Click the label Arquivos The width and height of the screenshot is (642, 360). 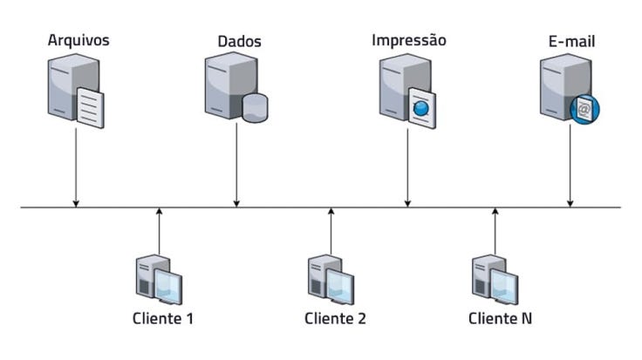tap(78, 40)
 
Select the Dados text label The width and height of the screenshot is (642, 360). tap(239, 41)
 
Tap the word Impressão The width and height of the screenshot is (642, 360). tap(409, 40)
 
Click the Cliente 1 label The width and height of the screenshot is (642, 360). tap(163, 318)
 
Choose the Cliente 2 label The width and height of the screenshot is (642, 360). tap(335, 318)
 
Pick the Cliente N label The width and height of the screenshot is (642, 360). tap(500, 318)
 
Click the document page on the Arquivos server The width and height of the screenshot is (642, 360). tap(90, 105)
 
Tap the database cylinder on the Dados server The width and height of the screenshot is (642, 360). tap(255, 106)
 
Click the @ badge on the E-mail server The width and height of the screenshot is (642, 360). tap(584, 108)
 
